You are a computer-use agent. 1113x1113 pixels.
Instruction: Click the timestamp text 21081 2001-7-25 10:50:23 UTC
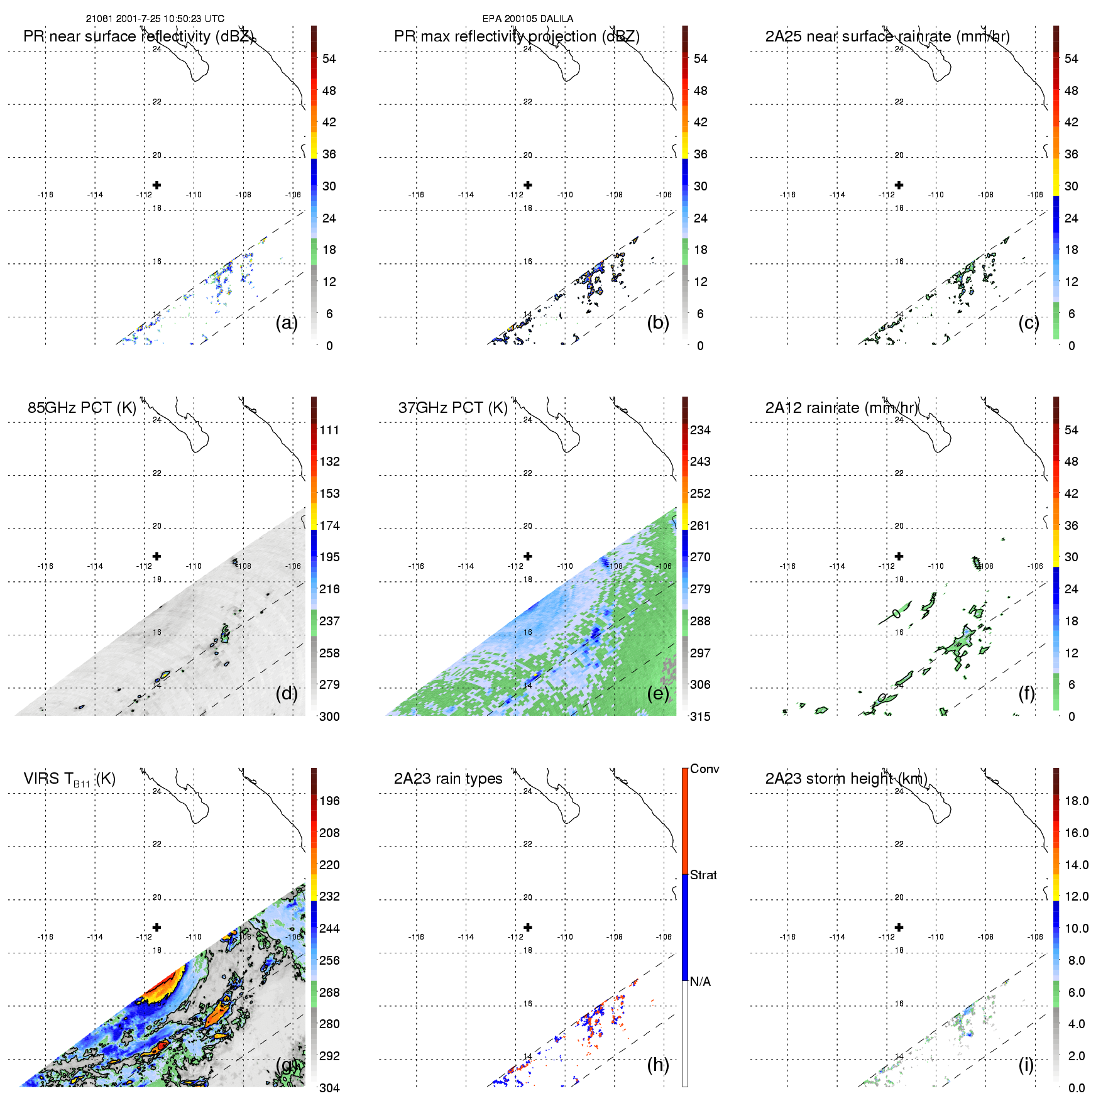pos(155,19)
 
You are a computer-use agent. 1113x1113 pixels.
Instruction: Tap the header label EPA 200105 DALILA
pos(528,19)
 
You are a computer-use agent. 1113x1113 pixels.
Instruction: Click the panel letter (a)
pos(287,322)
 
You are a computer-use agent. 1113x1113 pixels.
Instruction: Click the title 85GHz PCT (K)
pos(82,408)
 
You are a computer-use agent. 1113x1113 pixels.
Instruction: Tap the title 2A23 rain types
pos(448,779)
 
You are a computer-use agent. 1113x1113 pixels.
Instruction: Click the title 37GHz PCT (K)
pos(452,408)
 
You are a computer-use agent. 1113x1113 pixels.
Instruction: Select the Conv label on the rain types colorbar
pos(705,769)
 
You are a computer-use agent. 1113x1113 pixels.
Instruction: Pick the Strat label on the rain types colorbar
pos(703,875)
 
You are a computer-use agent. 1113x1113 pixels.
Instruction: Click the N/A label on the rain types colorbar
pos(700,982)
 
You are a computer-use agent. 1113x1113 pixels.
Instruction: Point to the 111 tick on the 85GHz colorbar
pos(329,430)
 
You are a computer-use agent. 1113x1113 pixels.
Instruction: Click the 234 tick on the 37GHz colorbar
pos(700,430)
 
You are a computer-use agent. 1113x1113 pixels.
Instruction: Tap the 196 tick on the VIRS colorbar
pos(329,801)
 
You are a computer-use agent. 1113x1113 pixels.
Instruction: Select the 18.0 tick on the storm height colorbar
pos(1077,801)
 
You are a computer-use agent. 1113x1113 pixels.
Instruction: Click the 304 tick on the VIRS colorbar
pos(329,1088)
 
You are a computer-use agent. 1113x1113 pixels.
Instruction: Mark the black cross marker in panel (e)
pos(528,556)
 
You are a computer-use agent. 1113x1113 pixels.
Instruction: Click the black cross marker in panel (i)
pos(899,927)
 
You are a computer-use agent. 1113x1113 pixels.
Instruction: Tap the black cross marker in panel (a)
pos(157,185)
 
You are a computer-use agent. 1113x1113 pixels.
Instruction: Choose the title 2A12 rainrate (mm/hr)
pos(841,408)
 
